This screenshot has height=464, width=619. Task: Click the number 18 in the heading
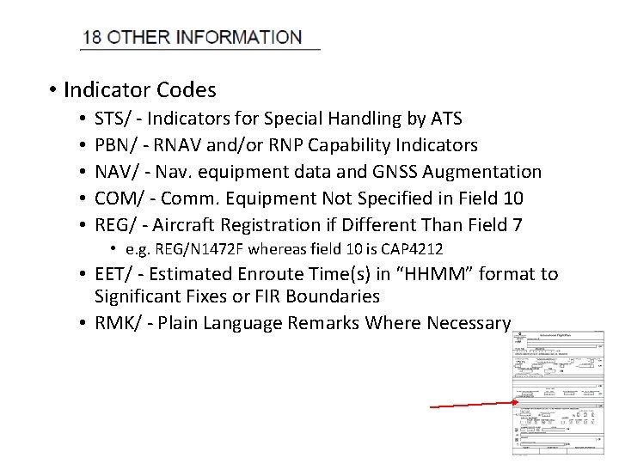tap(92, 38)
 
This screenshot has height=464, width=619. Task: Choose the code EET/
tap(113, 274)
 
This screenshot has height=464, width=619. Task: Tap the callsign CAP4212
tap(412, 249)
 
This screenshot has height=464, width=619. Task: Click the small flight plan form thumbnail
tap(558, 392)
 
